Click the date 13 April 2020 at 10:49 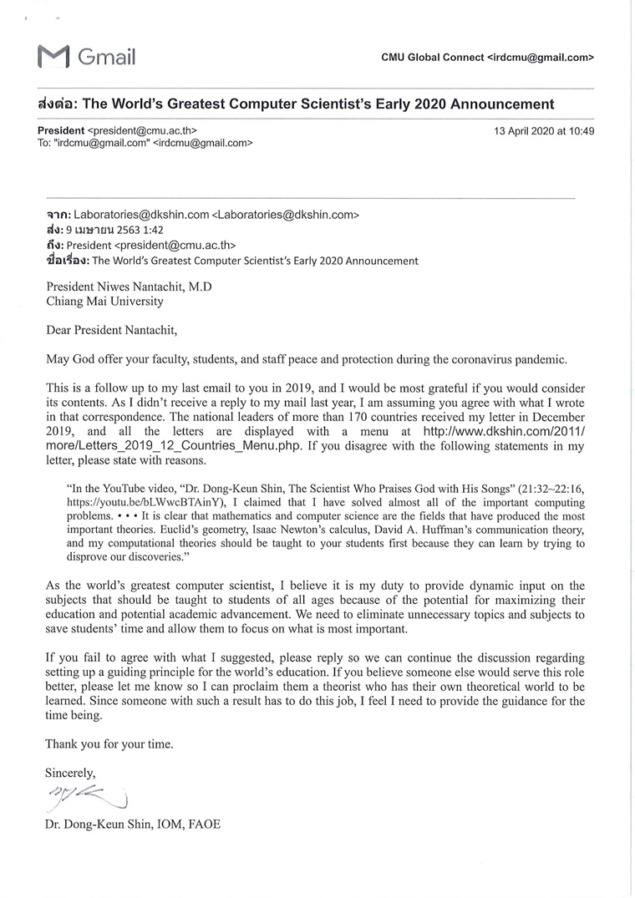[544, 131]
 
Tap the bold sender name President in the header [61, 131]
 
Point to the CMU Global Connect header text [433, 58]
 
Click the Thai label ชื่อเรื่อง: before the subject [68, 261]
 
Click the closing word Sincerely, [71, 773]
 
